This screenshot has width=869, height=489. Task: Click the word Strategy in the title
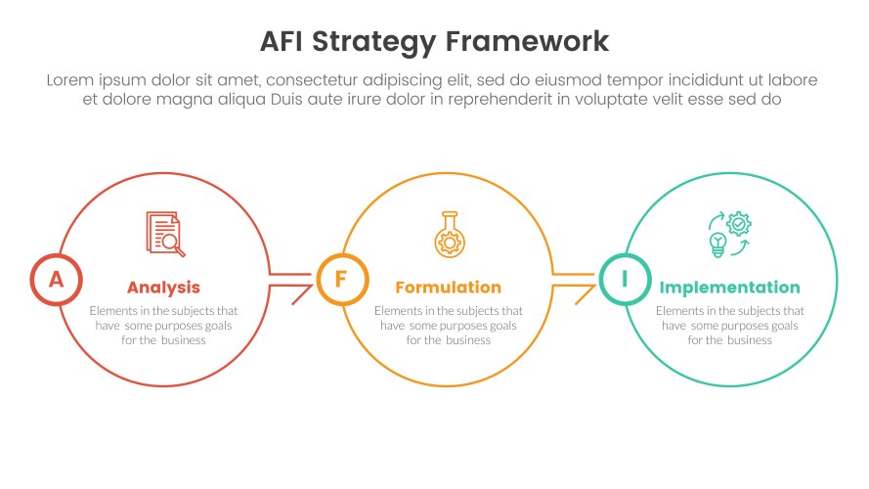[374, 42]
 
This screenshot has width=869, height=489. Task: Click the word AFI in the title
[282, 42]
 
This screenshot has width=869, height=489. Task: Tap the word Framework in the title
[527, 42]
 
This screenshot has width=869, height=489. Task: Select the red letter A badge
[57, 280]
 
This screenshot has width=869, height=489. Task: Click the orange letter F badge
[342, 280]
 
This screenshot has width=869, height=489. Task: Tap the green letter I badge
[626, 280]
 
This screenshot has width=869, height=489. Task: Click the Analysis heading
[163, 288]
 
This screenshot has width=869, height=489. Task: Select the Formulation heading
[449, 288]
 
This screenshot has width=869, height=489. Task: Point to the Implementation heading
[730, 288]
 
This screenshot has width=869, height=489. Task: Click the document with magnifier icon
[165, 234]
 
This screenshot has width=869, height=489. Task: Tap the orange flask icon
[450, 235]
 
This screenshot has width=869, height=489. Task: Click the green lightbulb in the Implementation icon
[717, 244]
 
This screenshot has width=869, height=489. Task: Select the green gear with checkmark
[739, 224]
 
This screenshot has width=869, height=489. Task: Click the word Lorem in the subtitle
[69, 80]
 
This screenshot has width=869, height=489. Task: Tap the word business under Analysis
[183, 340]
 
